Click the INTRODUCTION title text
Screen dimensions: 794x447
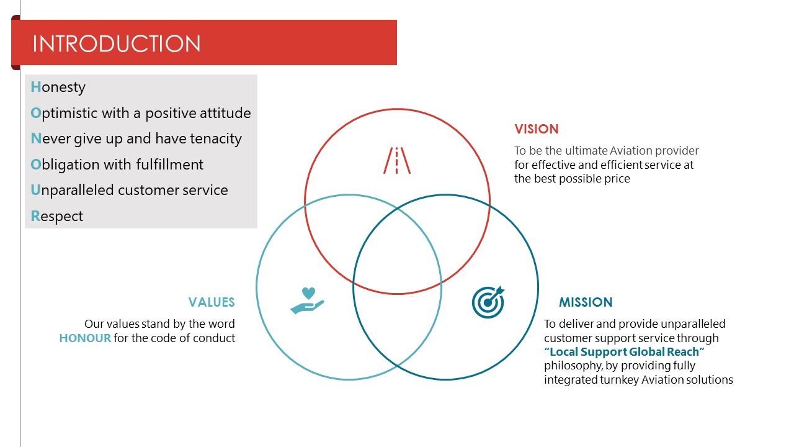(116, 43)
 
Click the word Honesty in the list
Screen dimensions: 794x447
(58, 88)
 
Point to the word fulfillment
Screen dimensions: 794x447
(169, 165)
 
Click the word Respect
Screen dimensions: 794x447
(56, 216)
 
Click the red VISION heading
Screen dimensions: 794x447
(537, 129)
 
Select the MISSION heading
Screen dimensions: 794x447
(586, 302)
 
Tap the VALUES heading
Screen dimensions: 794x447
(212, 302)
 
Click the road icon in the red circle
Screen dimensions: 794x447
(397, 160)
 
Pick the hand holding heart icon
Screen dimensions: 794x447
(307, 300)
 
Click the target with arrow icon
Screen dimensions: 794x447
(488, 302)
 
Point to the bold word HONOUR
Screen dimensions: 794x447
(85, 338)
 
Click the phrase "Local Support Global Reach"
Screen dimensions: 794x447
(624, 352)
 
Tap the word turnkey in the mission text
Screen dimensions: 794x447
(619, 380)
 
